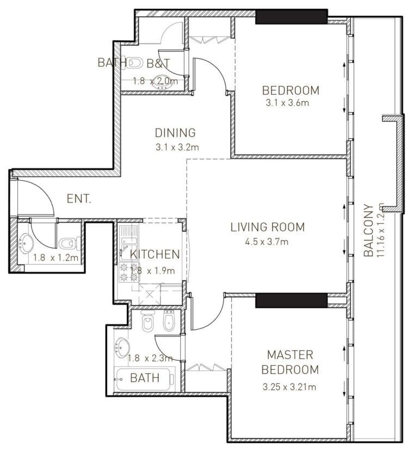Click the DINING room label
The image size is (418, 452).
(x=175, y=132)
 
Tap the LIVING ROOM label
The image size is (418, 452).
(x=267, y=227)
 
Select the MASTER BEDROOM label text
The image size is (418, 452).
(x=290, y=362)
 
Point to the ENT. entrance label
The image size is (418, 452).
(x=79, y=199)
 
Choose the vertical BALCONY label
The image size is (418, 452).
(x=368, y=230)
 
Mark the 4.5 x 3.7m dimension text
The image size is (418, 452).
(x=267, y=241)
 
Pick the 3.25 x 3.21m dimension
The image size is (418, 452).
(x=289, y=387)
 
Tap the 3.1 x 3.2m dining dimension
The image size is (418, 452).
(x=175, y=146)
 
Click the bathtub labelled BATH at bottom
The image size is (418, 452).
(x=145, y=377)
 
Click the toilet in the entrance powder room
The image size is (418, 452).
(x=66, y=243)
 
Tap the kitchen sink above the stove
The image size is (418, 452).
(x=128, y=236)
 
